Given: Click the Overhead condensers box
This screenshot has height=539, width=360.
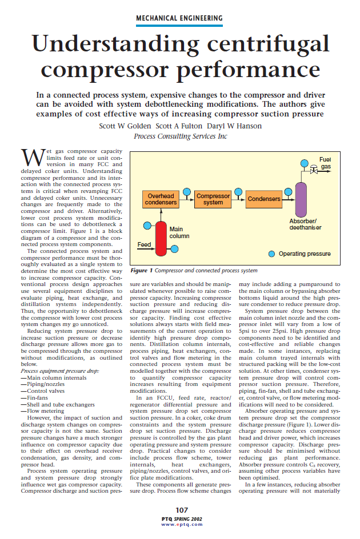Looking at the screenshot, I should pyautogui.click(x=161, y=199).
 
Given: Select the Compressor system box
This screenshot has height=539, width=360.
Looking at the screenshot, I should pyautogui.click(x=213, y=199).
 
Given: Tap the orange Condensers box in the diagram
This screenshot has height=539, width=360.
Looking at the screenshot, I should pyautogui.click(x=264, y=199).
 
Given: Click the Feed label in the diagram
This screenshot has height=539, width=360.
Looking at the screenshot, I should pyautogui.click(x=144, y=244).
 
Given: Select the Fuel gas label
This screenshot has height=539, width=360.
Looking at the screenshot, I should pyautogui.click(x=325, y=163).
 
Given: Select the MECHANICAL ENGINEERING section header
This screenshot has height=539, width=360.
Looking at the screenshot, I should pyautogui.click(x=179, y=18).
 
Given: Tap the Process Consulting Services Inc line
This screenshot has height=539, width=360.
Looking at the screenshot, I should pyautogui.click(x=179, y=136).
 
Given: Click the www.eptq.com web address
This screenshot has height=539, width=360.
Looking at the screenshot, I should pyautogui.click(x=179, y=524).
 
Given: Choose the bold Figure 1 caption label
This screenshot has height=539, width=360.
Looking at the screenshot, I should pyautogui.click(x=141, y=271).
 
